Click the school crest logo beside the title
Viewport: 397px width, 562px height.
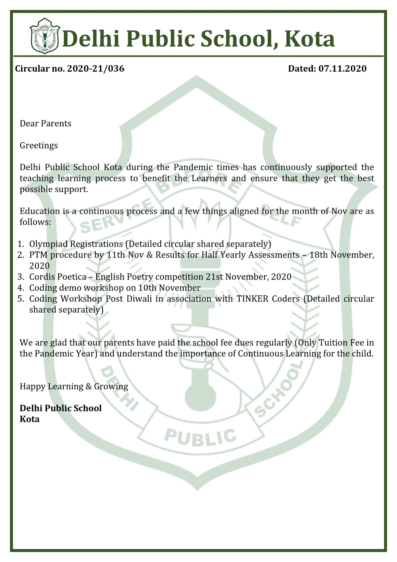[x=44, y=36]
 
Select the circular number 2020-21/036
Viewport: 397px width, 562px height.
[x=96, y=68]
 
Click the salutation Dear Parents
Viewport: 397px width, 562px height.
[x=45, y=124]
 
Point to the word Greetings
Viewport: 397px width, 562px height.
[x=39, y=145]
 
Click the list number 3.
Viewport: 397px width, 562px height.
[x=20, y=277]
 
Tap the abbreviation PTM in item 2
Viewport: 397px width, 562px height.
[x=38, y=255]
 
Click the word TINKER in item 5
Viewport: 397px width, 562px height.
[x=252, y=299]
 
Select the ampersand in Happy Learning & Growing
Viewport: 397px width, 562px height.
[x=89, y=386]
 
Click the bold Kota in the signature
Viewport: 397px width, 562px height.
[x=30, y=419]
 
